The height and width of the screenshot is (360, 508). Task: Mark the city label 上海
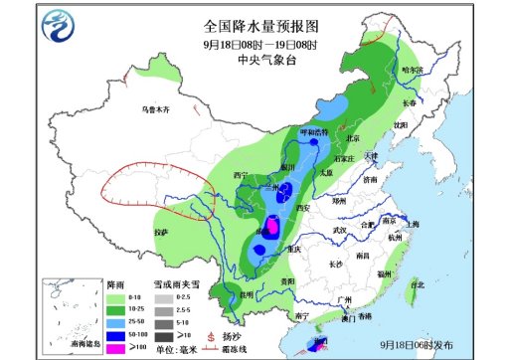(x=412, y=225)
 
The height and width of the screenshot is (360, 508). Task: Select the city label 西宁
(x=239, y=173)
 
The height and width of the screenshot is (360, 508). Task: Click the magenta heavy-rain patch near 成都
(x=266, y=227)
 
